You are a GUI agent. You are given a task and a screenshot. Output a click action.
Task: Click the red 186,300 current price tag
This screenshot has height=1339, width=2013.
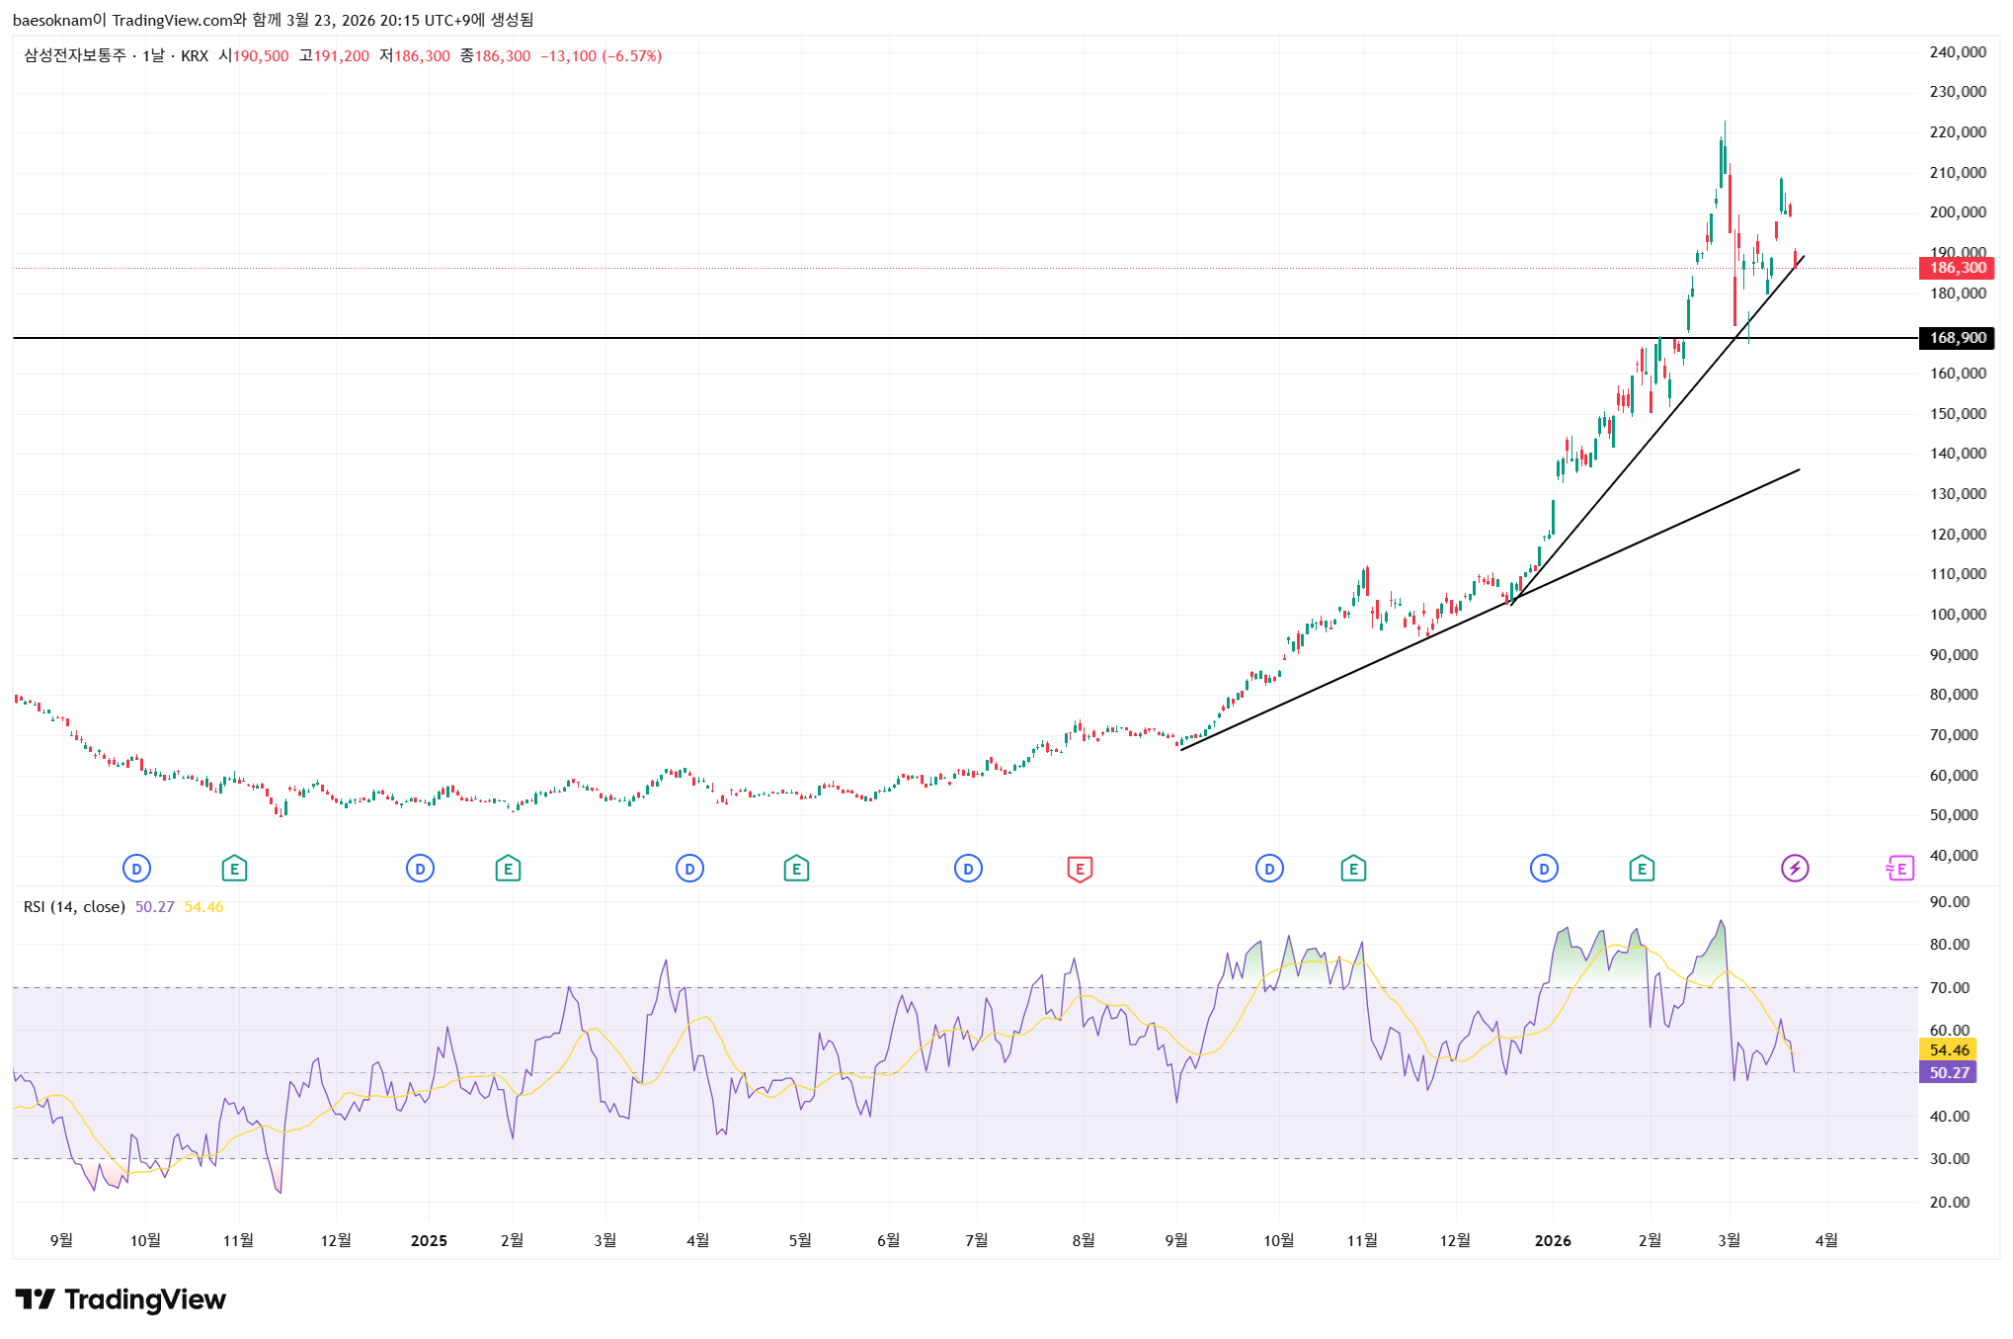tap(1956, 268)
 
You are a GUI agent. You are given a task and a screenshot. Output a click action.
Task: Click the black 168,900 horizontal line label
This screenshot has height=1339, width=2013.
tap(1956, 338)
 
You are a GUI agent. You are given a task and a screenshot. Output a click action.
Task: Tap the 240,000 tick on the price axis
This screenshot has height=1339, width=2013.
tap(1958, 52)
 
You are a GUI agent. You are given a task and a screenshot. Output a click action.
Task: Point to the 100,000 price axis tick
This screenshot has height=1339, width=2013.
tap(1958, 615)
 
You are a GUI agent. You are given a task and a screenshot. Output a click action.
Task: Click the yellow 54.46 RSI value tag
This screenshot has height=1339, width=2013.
tap(1948, 1049)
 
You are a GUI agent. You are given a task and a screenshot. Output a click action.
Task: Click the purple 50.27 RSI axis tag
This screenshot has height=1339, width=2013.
tap(1948, 1072)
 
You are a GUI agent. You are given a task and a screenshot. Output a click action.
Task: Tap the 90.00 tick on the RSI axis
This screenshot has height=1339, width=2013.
tap(1950, 902)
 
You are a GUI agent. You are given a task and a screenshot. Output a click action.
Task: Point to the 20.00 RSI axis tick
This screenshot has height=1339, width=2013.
tap(1950, 1203)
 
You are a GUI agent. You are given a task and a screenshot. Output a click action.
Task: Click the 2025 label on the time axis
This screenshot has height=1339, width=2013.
tap(429, 1241)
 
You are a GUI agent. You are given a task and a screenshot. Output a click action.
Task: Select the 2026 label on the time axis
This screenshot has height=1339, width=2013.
tap(1553, 1241)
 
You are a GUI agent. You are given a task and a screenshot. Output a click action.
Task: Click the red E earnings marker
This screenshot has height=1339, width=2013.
tap(1080, 870)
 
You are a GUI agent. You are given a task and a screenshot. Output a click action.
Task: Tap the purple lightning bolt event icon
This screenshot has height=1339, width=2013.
tap(1795, 869)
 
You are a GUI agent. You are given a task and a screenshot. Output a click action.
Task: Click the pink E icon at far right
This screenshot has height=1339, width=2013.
tap(1899, 869)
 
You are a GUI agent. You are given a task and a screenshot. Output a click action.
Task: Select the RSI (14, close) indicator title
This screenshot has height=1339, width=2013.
tap(74, 907)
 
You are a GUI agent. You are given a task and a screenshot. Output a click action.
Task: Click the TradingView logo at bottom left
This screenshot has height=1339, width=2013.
tap(121, 1299)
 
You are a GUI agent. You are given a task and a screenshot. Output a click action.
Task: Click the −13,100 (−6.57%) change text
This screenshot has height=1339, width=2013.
tap(601, 56)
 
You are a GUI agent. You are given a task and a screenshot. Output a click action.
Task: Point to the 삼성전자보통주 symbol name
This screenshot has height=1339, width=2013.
tap(75, 56)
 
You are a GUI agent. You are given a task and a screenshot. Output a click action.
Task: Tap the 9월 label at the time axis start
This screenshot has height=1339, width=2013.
tap(61, 1241)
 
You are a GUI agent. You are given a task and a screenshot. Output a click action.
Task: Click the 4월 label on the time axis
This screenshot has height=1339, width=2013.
tap(1826, 1241)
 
